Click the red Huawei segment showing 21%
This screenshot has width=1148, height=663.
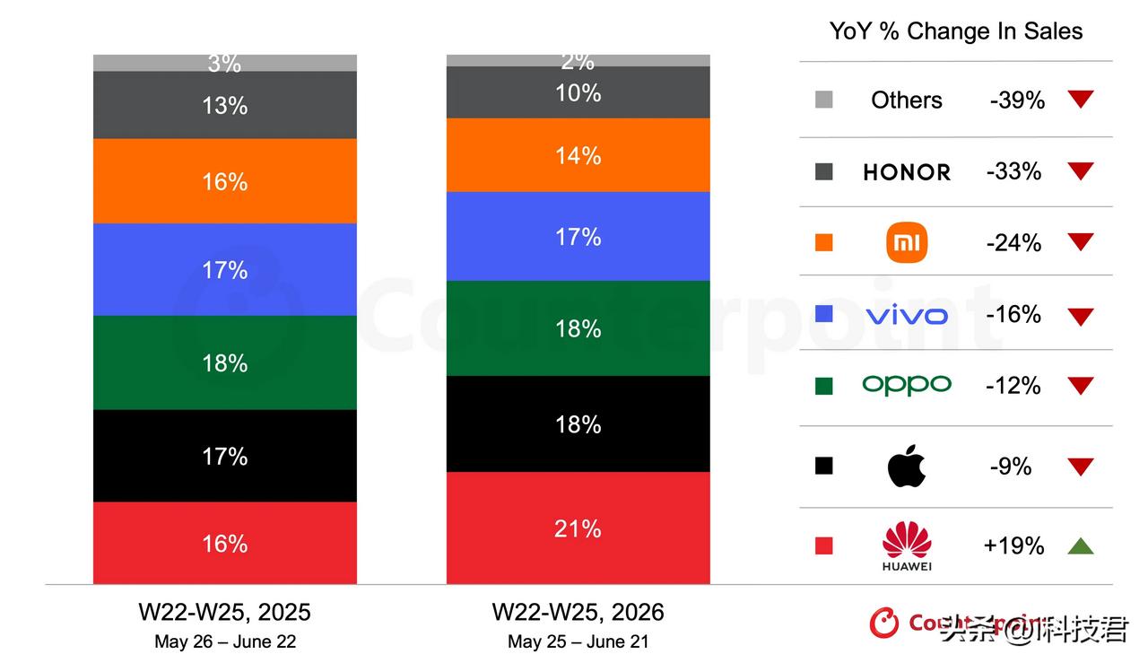pyautogui.click(x=578, y=528)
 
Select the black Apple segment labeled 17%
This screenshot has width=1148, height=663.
pyautogui.click(x=225, y=456)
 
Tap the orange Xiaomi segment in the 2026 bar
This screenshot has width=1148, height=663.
pyautogui.click(x=578, y=155)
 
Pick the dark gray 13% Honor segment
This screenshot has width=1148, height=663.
pyautogui.click(x=225, y=105)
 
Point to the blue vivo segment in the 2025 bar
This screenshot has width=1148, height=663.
pyautogui.click(x=225, y=269)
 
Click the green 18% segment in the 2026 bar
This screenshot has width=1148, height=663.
pyautogui.click(x=578, y=328)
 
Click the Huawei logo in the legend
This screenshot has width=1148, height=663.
pyautogui.click(x=907, y=546)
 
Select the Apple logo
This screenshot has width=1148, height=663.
pyautogui.click(x=906, y=467)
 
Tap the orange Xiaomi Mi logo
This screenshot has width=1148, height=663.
pyautogui.click(x=907, y=242)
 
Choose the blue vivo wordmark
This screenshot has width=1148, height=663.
pyautogui.click(x=907, y=315)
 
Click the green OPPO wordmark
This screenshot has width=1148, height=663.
pyautogui.click(x=907, y=385)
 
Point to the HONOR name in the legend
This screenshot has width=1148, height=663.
pyautogui.click(x=907, y=172)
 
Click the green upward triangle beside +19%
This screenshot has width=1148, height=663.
pyautogui.click(x=1081, y=547)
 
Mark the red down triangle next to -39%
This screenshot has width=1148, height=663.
pyautogui.click(x=1081, y=99)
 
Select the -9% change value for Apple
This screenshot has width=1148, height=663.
pyautogui.click(x=1010, y=467)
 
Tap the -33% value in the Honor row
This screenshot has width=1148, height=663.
pyautogui.click(x=1013, y=171)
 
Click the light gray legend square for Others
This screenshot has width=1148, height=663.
pyautogui.click(x=823, y=100)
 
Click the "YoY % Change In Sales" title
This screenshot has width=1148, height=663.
pyautogui.click(x=956, y=31)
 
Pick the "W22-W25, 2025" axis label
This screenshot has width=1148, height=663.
pyautogui.click(x=224, y=612)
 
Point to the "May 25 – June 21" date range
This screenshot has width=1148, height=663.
pyautogui.click(x=578, y=641)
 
